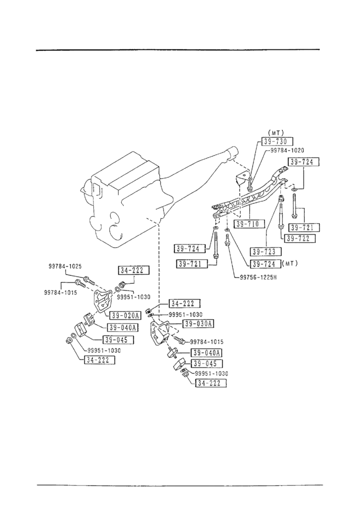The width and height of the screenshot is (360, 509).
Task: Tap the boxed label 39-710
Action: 247,224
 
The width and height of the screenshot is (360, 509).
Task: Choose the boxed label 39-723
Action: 267,251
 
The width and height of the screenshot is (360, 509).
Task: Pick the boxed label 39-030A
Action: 198,324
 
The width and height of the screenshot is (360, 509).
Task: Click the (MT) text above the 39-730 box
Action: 275,133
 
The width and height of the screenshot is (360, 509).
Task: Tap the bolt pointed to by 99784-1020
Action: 249,188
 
